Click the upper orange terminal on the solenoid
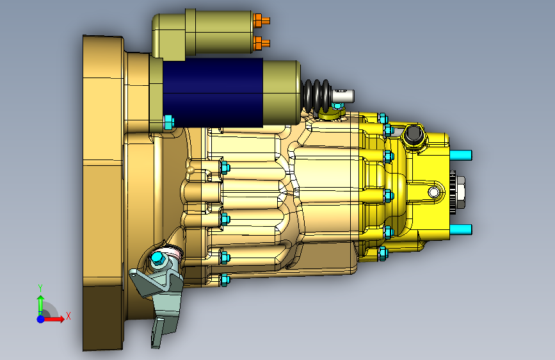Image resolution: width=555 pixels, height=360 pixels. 262,21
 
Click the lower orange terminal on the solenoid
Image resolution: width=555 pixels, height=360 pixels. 262,43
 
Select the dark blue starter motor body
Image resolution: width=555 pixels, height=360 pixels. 213,92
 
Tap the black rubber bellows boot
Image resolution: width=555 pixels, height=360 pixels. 317,95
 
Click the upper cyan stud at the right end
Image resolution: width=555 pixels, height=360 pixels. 460,155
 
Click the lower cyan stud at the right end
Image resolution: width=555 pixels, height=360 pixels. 460,229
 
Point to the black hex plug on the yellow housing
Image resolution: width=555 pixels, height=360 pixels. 413,135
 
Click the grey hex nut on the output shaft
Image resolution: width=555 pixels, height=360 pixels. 460,192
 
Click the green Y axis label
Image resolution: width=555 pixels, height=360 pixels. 40,288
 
